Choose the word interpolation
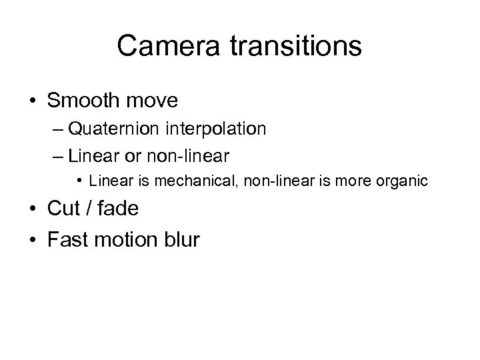pos(218,129)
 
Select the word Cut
pos(64,209)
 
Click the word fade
pos(117,209)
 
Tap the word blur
pos(181,239)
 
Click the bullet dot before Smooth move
pos(32,101)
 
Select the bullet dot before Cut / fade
pos(32,209)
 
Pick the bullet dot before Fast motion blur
pos(32,239)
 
